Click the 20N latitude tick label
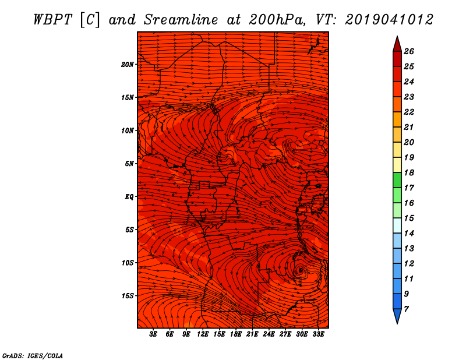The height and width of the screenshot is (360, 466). tap(128, 65)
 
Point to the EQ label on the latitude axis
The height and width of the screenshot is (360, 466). tap(129, 197)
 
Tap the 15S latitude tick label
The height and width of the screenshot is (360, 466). tap(128, 296)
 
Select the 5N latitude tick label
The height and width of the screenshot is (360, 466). tap(129, 164)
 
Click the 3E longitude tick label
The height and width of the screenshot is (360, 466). tap(153, 334)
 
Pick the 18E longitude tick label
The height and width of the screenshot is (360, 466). tap(236, 334)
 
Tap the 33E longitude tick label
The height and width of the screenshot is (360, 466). tap(318, 334)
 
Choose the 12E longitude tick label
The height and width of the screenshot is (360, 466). tap(203, 334)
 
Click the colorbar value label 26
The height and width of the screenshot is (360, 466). tap(409, 51)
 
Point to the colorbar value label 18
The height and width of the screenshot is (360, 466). tap(409, 172)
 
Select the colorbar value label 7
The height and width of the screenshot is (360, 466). tap(406, 309)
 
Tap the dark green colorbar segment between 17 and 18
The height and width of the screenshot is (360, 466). tap(397, 180)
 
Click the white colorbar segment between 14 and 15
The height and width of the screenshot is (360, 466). tap(397, 225)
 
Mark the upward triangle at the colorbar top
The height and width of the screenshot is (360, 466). tap(397, 45)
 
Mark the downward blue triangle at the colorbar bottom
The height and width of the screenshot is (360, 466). tap(397, 315)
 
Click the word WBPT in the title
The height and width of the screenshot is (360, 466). tap(52, 20)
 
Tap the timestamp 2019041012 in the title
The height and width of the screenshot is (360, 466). tap(389, 20)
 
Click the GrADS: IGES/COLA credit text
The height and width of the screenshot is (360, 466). tap(33, 356)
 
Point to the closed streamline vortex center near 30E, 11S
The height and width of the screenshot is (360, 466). tap(300, 270)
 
